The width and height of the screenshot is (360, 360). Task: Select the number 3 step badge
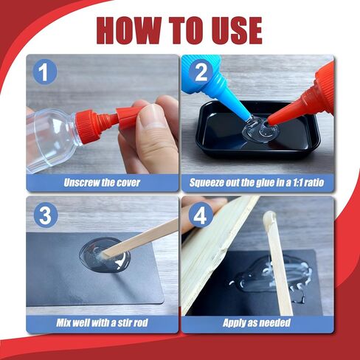pos(46,217)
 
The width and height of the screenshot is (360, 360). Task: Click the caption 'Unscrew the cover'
pos(103,182)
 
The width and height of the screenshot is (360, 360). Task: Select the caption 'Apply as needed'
pos(257,323)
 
